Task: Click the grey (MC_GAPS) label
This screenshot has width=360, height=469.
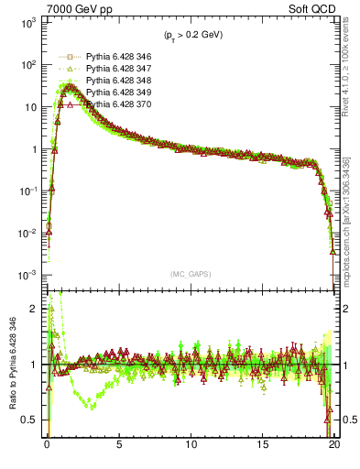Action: (191, 273)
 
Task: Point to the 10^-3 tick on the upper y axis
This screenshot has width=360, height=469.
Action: (28, 276)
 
